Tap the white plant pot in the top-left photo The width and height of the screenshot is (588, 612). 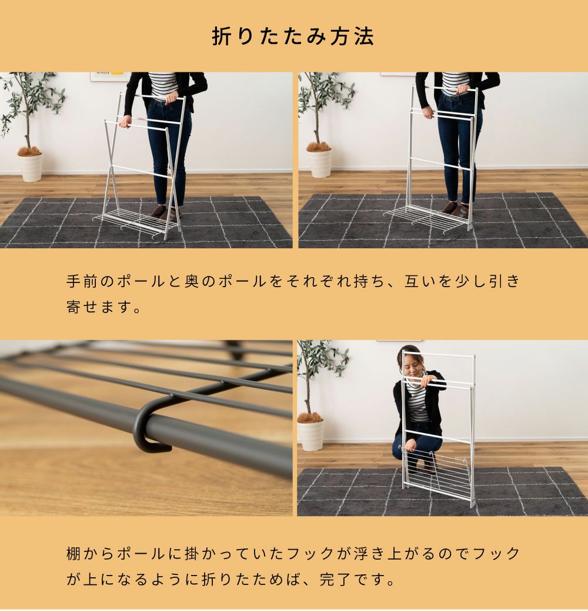pos(30,167)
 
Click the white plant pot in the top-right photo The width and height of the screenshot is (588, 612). pos(319,163)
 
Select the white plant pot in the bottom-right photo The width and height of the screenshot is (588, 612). pos(311,436)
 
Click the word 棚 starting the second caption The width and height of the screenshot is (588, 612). pos(74,554)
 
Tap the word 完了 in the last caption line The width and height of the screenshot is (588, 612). pos(335,580)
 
